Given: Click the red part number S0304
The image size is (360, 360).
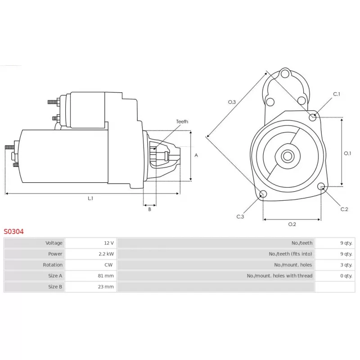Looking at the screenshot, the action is click(13, 231).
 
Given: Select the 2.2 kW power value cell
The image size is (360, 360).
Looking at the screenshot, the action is click(91, 254).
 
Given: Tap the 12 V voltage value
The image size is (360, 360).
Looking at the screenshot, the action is click(109, 243).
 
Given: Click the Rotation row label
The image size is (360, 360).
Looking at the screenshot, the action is click(53, 265).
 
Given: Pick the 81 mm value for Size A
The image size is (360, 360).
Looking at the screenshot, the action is click(106, 276).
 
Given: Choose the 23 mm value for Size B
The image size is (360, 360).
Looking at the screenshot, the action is click(106, 287).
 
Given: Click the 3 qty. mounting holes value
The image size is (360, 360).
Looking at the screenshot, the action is click(346, 265).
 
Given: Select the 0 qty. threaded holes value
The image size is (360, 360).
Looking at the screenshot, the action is click(346, 276).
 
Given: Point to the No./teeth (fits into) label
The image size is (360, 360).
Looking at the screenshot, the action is click(290, 254).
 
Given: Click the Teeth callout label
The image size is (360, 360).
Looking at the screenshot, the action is click(182, 121).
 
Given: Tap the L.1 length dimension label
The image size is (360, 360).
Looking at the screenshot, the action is click(90, 198).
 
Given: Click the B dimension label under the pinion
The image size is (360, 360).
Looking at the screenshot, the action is click(150, 209).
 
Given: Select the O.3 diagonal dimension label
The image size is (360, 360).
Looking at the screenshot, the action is click(232, 102).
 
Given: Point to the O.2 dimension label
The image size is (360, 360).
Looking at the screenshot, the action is click(292, 224).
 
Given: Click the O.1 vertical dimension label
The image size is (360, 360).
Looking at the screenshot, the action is click(347, 153).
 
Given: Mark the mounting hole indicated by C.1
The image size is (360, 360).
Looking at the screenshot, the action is click(312, 117).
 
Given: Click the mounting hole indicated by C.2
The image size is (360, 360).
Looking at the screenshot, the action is click(321, 186).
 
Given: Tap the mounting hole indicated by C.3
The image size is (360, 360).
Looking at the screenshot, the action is click(263, 194).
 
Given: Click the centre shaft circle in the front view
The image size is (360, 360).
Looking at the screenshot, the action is click(288, 156).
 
